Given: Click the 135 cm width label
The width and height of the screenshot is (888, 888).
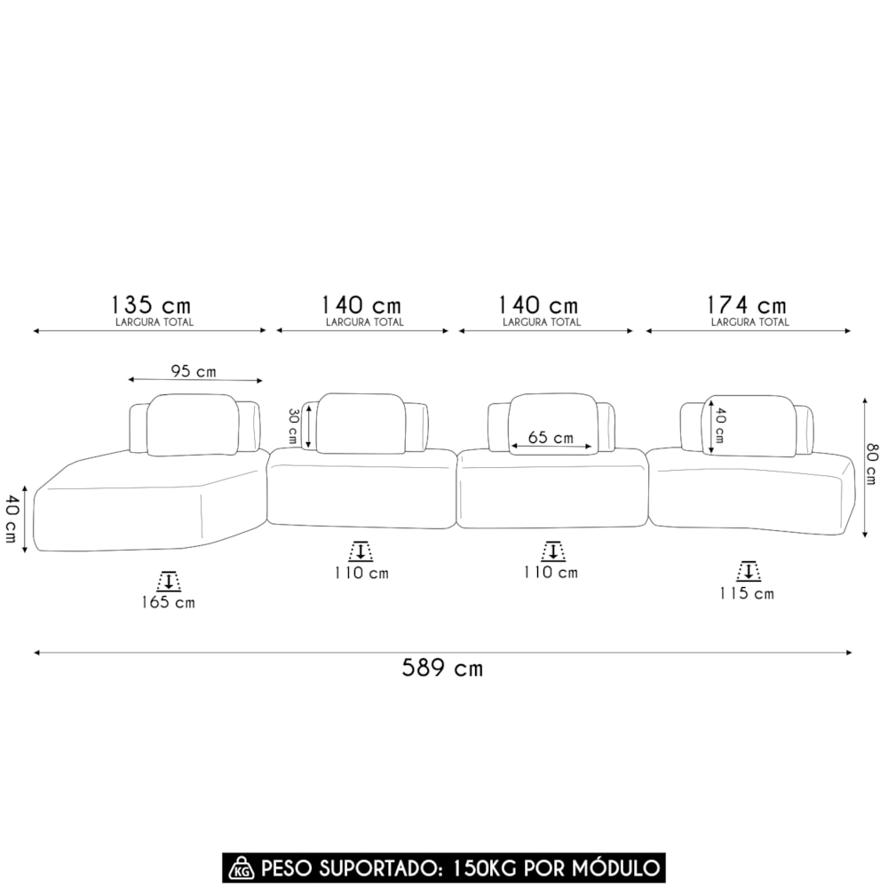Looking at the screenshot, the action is [151, 305].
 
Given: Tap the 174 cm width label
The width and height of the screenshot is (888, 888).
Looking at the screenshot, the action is [747, 305].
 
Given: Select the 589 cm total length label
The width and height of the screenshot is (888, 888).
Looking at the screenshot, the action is [442, 669].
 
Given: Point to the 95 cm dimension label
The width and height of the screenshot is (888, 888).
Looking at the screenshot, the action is [194, 371].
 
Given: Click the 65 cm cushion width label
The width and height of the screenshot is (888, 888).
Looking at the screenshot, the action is [551, 437].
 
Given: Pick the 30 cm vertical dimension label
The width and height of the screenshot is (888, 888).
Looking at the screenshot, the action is [293, 426].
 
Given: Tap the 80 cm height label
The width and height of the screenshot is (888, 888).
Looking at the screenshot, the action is [872, 464].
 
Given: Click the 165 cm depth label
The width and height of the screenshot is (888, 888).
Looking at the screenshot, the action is [168, 602].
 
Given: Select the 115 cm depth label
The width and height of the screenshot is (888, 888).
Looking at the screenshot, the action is [747, 593].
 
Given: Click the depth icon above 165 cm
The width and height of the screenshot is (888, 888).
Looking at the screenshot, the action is [168, 581].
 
